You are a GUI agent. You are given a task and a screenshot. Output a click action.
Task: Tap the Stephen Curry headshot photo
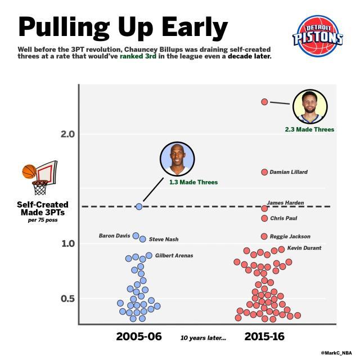click(x=310, y=106)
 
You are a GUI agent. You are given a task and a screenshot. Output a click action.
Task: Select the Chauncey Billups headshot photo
click(x=177, y=159)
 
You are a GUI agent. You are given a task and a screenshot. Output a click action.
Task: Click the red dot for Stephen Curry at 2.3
click(x=264, y=102)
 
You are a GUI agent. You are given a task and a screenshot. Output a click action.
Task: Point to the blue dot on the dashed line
click(x=139, y=206)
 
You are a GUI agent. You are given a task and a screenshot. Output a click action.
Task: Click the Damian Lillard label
click(x=289, y=172)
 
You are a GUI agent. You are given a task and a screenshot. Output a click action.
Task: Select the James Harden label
click(x=285, y=202)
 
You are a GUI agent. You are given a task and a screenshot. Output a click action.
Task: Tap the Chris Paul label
click(x=283, y=218)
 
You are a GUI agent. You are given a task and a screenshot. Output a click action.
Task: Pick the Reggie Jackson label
click(x=290, y=237)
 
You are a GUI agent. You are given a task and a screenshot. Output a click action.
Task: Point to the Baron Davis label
click(x=114, y=236)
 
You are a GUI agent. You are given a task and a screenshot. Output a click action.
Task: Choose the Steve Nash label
click(x=163, y=240)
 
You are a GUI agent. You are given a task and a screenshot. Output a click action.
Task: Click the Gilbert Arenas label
click(x=174, y=256)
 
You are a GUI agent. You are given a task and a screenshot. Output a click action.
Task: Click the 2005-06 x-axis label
click(x=139, y=337)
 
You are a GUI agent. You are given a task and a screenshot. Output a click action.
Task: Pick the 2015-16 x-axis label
click(x=264, y=337)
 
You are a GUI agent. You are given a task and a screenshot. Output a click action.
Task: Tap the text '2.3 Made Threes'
click(x=309, y=129)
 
